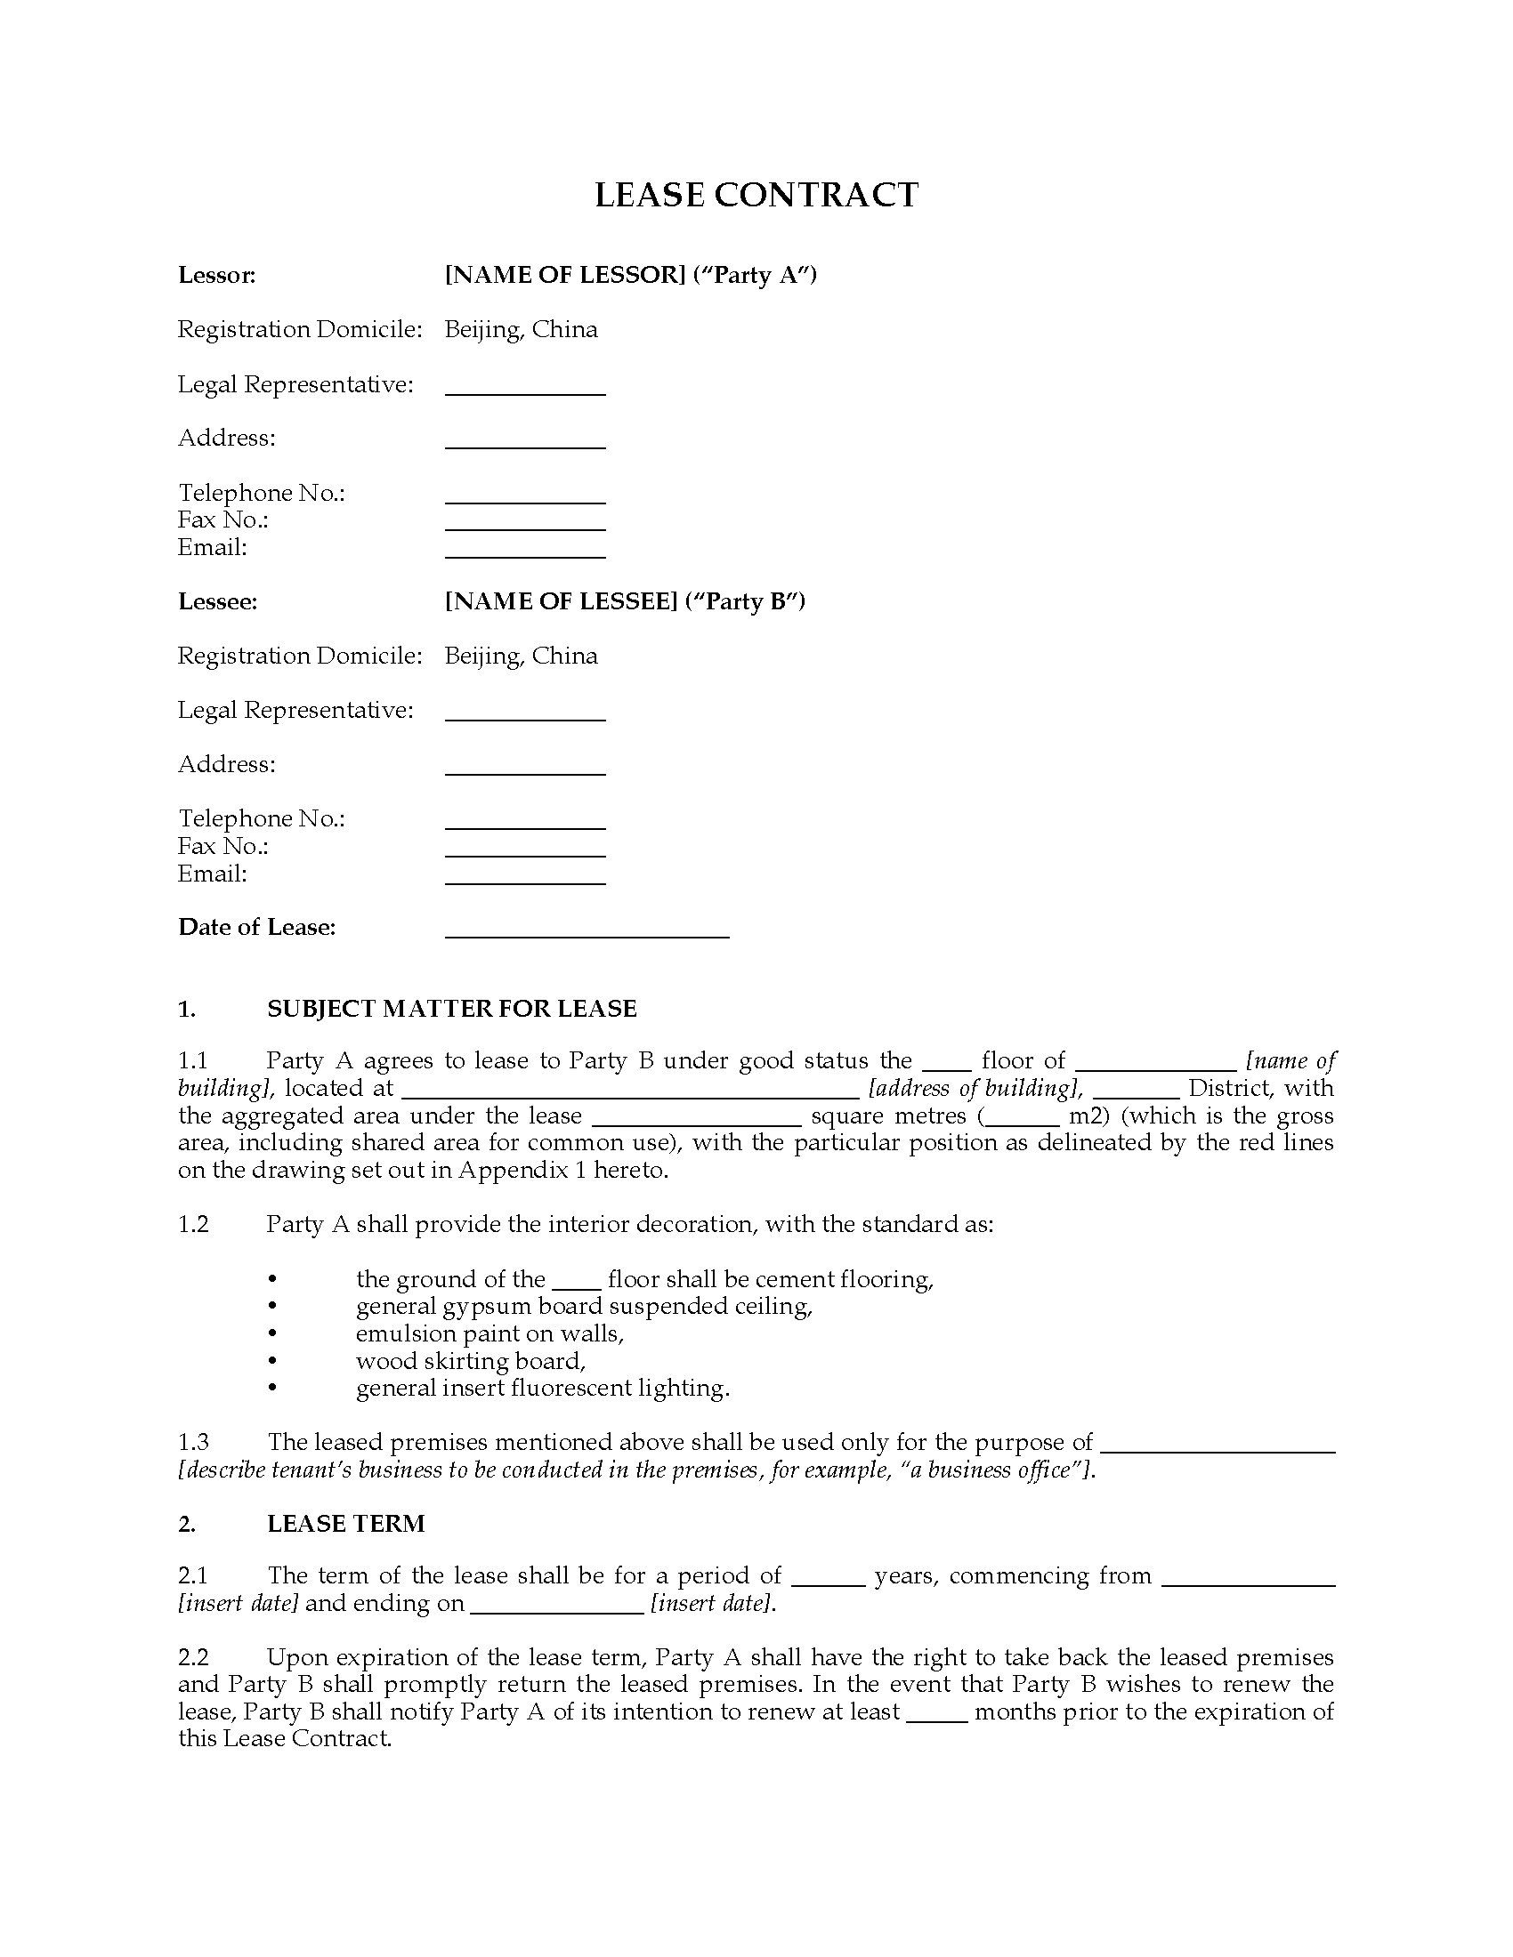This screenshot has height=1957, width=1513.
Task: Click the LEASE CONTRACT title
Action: pyautogui.click(x=756, y=196)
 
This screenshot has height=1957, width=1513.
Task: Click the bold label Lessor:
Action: pyautogui.click(x=217, y=275)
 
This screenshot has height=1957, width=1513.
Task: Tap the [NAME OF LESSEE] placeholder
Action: pyautogui.click(x=560, y=601)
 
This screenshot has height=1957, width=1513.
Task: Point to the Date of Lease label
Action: pyautogui.click(x=256, y=928)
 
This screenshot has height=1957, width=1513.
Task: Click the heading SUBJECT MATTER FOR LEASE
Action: pyautogui.click(x=452, y=1009)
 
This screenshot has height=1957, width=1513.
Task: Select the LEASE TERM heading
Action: pyautogui.click(x=346, y=1524)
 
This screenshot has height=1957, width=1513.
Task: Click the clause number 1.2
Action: pyautogui.click(x=193, y=1225)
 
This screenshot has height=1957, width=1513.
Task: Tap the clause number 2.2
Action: pyautogui.click(x=193, y=1658)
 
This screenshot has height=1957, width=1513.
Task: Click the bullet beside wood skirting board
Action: pyautogui.click(x=272, y=1361)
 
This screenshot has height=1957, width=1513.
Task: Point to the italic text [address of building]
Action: pyautogui.click(x=975, y=1089)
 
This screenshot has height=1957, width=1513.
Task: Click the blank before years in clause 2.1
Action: pyautogui.click(x=829, y=1583)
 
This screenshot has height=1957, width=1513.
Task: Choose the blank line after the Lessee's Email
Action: pyautogui.click(x=525, y=882)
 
